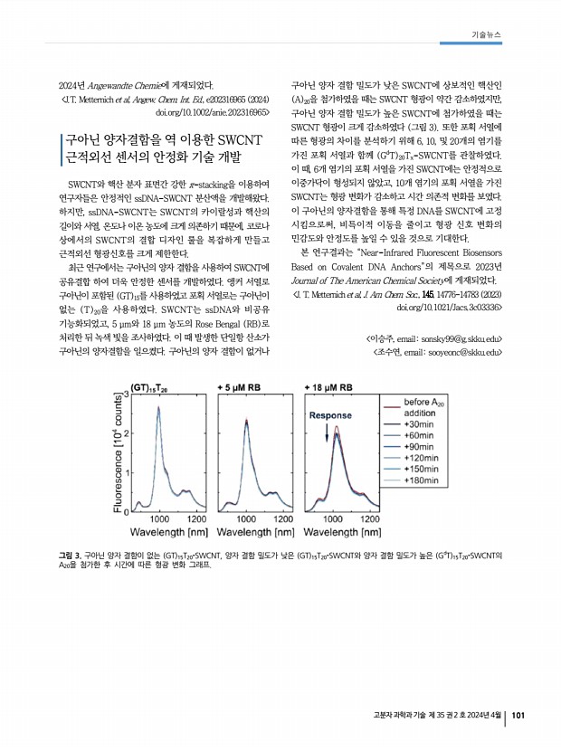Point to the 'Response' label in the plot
tap(330, 415)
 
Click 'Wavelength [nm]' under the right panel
tap(345, 532)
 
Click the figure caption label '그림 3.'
tap(69, 553)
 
